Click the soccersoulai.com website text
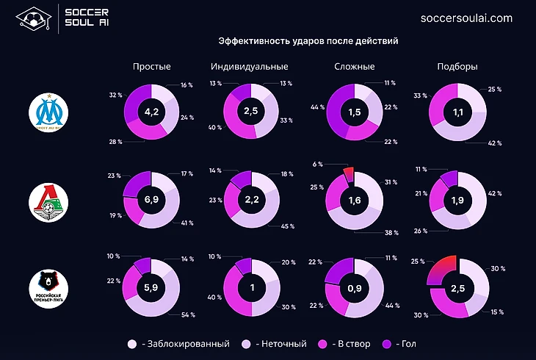coord(467,18)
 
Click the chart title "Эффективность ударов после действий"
coord(308,41)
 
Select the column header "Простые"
coord(152,66)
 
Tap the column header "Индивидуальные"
coord(249,66)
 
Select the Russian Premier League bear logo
coord(48,288)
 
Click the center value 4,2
coord(152,112)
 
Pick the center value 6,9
coord(152,200)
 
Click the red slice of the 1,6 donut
coord(349,174)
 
